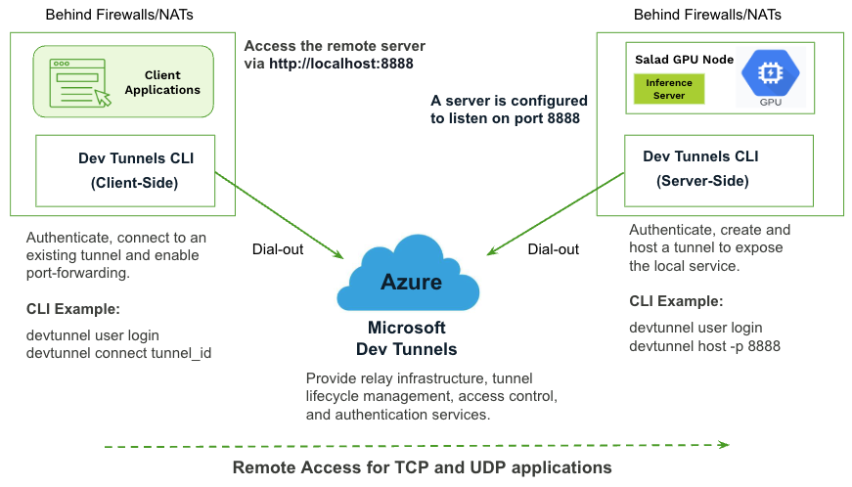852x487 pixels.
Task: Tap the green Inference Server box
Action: click(669, 89)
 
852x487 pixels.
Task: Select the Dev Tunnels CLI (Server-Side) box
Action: click(717, 169)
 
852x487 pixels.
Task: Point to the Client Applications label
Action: click(162, 82)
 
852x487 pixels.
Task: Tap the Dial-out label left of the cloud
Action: click(278, 249)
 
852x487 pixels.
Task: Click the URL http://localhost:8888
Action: click(341, 64)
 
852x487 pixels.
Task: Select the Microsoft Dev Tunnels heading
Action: click(406, 338)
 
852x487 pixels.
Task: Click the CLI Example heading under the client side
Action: click(73, 310)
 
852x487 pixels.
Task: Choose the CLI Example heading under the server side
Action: click(676, 301)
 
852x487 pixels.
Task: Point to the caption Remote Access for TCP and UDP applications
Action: click(422, 467)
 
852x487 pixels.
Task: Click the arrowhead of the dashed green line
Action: click(723, 445)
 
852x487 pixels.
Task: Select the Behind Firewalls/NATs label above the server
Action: click(707, 15)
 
